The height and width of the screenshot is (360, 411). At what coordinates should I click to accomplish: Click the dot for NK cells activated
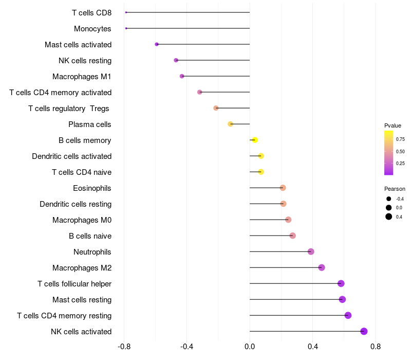pos(364,331)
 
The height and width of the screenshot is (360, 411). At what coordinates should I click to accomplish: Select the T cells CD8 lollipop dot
pos(126,12)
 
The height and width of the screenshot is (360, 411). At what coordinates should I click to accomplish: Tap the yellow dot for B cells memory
pos(255,140)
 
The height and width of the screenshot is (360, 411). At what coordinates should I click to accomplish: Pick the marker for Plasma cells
pos(231,124)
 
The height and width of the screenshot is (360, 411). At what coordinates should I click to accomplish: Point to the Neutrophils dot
pos(311,251)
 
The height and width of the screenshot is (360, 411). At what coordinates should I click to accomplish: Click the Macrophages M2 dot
pos(322,267)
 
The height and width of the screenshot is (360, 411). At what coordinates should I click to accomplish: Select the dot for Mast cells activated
pos(157,44)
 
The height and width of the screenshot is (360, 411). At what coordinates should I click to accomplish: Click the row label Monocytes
pos(92,28)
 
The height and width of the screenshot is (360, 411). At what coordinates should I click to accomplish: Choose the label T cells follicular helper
pos(74,283)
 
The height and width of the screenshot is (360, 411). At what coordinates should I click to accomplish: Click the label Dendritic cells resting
pos(76,204)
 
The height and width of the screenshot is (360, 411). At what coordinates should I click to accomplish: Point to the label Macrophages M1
pos(82,76)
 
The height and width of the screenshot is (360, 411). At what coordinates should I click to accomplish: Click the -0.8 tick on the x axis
pos(124,347)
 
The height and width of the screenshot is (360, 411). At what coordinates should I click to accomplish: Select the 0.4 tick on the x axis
pos(312,347)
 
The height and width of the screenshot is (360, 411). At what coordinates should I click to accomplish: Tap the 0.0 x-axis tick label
pos(250,347)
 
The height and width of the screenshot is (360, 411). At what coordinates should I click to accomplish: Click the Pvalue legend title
pos(393,125)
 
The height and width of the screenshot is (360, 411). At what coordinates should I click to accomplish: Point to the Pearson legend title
pos(395,189)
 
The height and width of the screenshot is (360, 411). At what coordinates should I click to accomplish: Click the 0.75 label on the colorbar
pos(400,139)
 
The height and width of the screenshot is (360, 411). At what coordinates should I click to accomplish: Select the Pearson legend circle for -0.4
pos(389,199)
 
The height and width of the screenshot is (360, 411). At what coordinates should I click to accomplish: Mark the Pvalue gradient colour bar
pos(388,153)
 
